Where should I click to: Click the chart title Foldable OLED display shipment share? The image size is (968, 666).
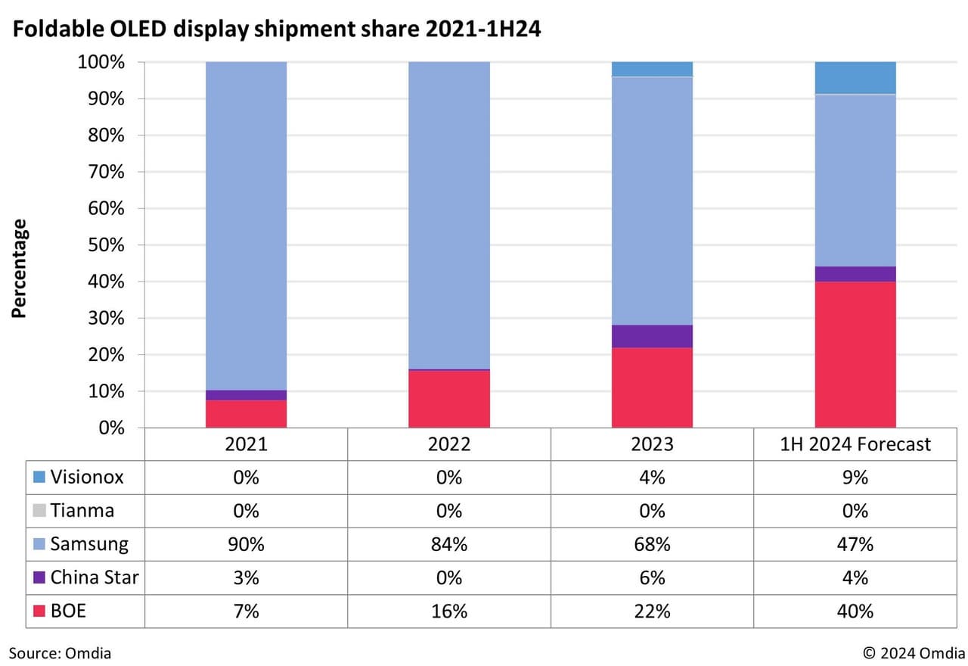(x=276, y=31)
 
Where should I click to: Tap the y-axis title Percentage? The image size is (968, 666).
(x=20, y=268)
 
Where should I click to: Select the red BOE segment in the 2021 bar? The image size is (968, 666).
(x=246, y=413)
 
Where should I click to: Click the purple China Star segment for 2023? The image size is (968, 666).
(x=652, y=336)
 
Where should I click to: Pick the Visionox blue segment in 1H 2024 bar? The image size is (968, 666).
(x=855, y=78)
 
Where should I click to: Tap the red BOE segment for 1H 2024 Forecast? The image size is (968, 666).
(x=855, y=354)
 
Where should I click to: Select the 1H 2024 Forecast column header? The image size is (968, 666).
(x=855, y=444)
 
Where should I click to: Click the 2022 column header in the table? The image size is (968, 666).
(x=449, y=444)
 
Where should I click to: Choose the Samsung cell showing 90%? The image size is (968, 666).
(x=246, y=543)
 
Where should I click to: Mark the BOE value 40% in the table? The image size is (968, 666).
(x=855, y=610)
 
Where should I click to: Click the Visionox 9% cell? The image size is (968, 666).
(x=855, y=478)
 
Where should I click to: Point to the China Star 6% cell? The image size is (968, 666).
(x=652, y=577)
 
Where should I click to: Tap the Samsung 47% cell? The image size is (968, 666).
(x=855, y=543)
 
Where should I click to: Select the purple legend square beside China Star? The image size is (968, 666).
(x=39, y=578)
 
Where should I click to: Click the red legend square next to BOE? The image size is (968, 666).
(x=39, y=611)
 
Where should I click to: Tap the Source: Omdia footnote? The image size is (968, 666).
(x=60, y=652)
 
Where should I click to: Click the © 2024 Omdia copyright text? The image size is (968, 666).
(x=914, y=652)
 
